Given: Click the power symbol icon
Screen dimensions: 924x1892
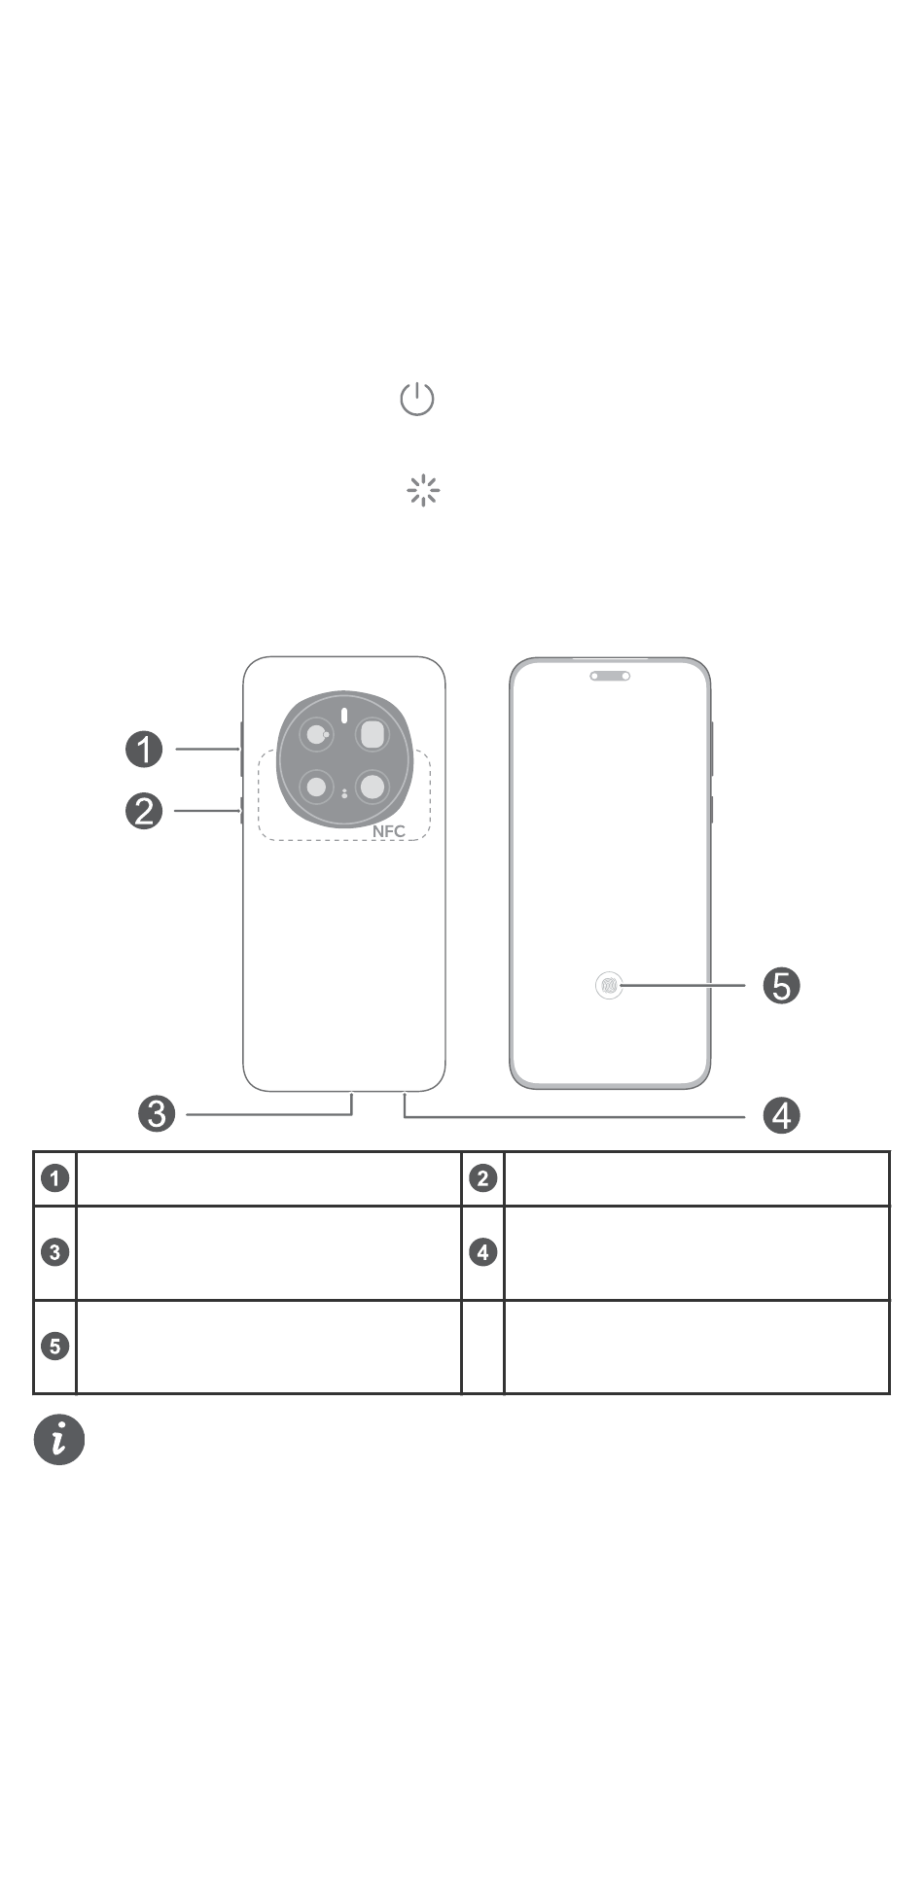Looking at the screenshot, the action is (417, 399).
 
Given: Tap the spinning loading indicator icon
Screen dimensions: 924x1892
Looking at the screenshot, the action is (423, 491).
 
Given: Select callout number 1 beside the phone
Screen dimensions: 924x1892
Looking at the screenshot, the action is (144, 749).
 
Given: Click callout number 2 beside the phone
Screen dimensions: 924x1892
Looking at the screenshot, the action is (144, 811).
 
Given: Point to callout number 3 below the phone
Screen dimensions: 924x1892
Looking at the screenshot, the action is (157, 1113).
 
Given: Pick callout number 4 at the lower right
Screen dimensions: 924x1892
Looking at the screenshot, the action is (781, 1115).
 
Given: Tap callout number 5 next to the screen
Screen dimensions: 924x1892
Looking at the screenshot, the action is (781, 986).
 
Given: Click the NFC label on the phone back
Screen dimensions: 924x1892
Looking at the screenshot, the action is (388, 831).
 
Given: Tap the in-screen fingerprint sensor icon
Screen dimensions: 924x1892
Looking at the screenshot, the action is (609, 986).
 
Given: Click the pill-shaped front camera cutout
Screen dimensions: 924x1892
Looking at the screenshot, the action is (610, 675).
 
